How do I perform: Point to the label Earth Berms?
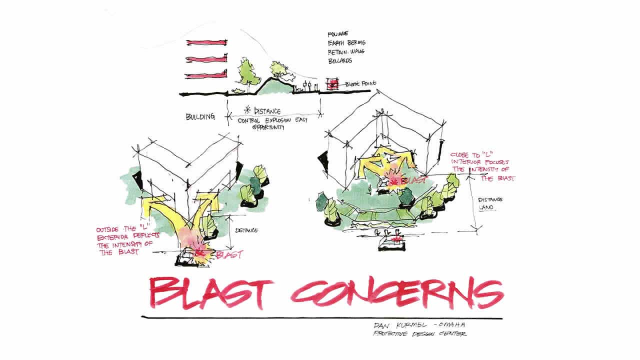(346, 43)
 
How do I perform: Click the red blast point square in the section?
(330, 84)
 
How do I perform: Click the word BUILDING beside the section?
(200, 117)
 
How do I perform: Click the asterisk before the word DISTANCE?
(246, 110)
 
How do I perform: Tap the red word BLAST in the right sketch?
(414, 179)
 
